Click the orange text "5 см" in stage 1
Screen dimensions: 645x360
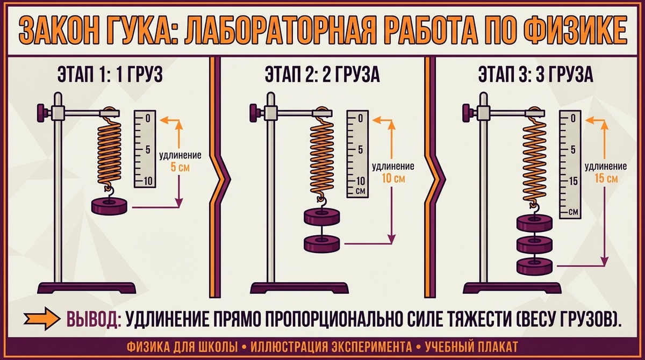click(x=180, y=167)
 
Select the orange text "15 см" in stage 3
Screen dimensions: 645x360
click(x=606, y=178)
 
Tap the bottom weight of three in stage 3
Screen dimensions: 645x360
click(x=535, y=265)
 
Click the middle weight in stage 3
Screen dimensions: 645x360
click(x=535, y=244)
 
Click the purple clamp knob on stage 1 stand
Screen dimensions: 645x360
click(x=42, y=113)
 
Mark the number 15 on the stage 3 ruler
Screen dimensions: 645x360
click(x=572, y=181)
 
